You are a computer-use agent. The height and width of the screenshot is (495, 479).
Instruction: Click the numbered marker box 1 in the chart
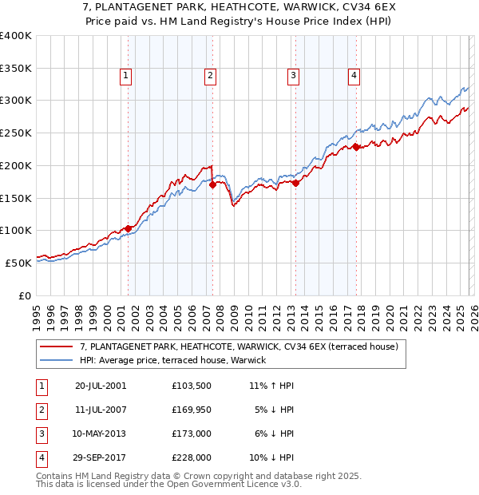(x=127, y=76)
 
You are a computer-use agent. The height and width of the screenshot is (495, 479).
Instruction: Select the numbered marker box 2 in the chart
(x=210, y=76)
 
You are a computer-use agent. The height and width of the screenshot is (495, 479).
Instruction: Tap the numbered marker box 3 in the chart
(x=293, y=76)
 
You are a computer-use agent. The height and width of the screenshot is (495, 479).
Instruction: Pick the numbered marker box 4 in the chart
(x=354, y=76)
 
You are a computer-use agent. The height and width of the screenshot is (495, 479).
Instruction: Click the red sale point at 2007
(x=212, y=184)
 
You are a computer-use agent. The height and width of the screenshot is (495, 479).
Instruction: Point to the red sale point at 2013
(x=295, y=183)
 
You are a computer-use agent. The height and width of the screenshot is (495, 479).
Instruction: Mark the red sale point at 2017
(x=357, y=147)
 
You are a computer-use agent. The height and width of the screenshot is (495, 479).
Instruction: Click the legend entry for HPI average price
(x=178, y=361)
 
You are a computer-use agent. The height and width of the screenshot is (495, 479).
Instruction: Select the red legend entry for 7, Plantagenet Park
(x=233, y=346)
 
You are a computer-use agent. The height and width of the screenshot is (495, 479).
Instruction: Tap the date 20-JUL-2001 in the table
(x=100, y=386)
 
